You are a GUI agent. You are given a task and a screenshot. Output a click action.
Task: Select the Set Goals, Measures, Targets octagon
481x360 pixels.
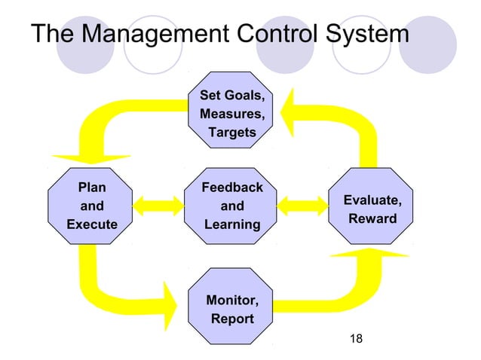click(x=231, y=115)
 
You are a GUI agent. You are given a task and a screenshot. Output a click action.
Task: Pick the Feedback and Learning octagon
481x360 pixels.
click(x=231, y=206)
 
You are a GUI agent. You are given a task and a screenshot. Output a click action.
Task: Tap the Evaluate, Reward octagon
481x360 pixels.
click(x=372, y=206)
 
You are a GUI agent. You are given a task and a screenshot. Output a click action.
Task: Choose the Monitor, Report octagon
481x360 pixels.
click(x=231, y=309)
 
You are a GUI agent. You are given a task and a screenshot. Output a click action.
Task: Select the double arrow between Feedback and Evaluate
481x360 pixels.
click(x=302, y=206)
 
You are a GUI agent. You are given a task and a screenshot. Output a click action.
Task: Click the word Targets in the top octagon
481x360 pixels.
click(x=231, y=133)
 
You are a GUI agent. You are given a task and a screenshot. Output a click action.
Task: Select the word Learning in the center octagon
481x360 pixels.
click(x=231, y=224)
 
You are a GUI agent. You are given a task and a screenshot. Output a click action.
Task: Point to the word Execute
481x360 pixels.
click(x=92, y=224)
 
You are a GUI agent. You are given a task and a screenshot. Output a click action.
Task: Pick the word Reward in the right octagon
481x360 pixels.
click(x=372, y=218)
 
